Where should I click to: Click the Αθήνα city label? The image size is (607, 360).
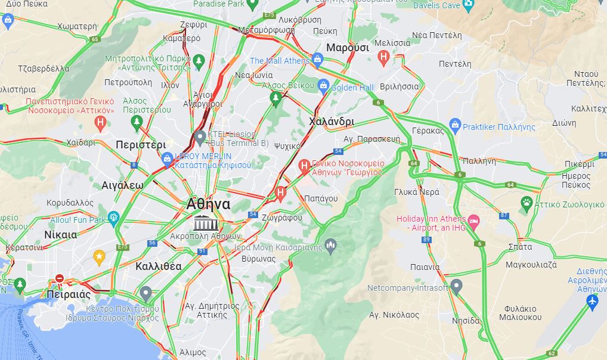click(208, 204)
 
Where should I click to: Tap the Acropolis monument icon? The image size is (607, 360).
click(205, 224)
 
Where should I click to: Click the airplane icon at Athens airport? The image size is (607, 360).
click(592, 302)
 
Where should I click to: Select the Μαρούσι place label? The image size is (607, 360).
click(348, 47)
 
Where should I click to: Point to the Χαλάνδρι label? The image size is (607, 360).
click(332, 122)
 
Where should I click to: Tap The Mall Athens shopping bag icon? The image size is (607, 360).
click(317, 60)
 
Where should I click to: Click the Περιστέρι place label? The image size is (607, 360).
click(141, 145)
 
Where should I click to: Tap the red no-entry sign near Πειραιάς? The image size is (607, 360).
click(59, 278)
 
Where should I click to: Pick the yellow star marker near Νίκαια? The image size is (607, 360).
click(100, 257)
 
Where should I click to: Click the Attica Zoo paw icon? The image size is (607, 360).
click(527, 203)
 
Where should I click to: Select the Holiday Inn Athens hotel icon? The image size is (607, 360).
click(473, 222)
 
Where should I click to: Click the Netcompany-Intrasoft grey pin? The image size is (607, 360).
click(456, 286)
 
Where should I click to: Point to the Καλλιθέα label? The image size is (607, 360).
click(159, 266)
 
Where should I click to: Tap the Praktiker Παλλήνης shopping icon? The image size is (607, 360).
click(455, 126)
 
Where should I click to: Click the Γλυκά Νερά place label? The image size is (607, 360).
click(417, 192)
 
